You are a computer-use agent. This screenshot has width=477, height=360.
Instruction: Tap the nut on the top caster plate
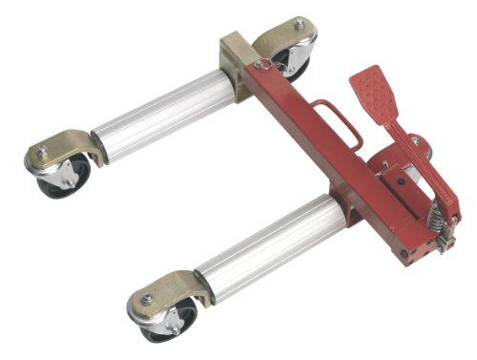click(299, 24)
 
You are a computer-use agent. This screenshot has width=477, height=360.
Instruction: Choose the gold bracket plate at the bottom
click(167, 292)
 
